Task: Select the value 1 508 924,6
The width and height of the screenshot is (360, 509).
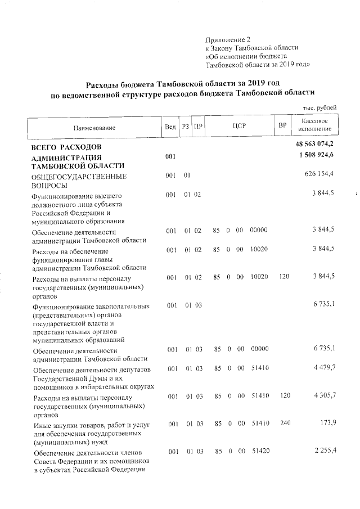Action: tap(316, 155)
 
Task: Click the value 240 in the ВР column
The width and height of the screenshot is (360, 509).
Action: tap(285, 423)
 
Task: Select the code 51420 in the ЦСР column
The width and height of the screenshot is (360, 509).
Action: tap(259, 451)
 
